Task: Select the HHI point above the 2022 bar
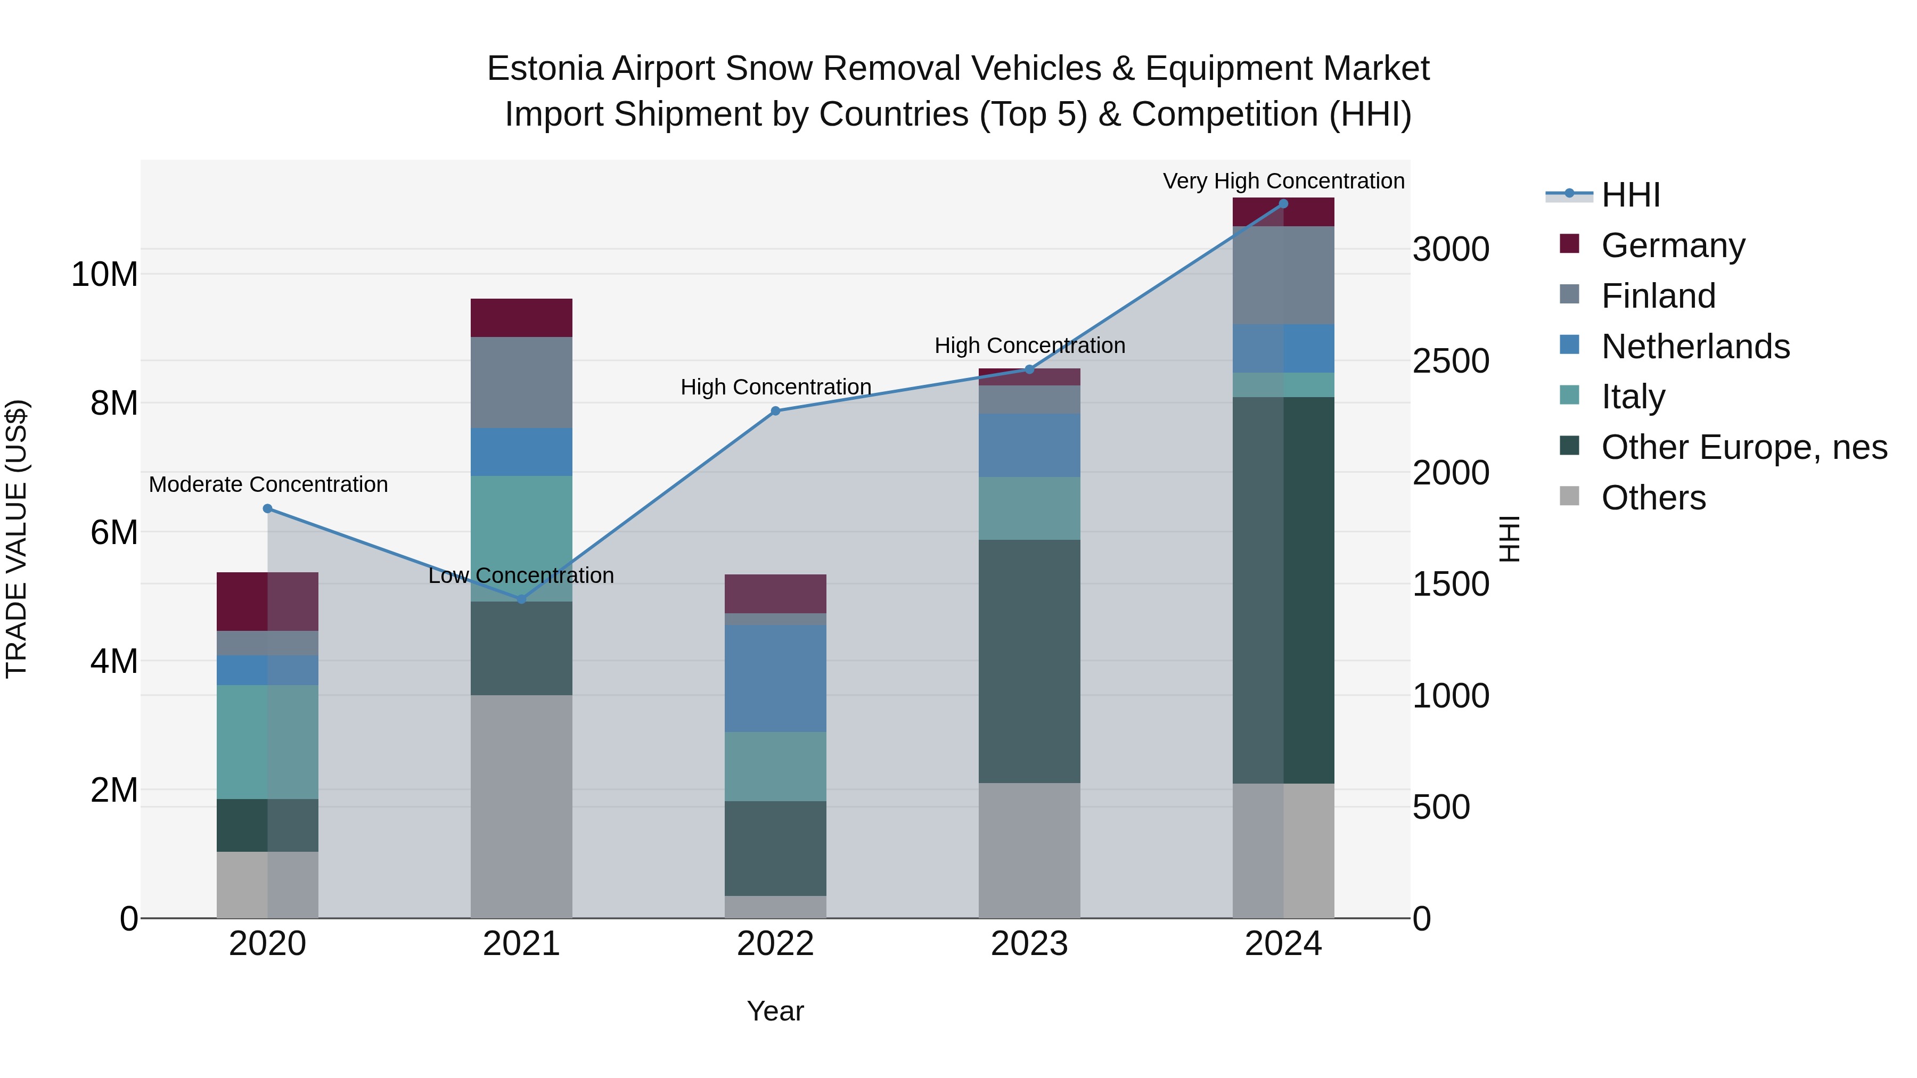pyautogui.click(x=775, y=410)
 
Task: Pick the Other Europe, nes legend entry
pyautogui.click(x=1743, y=448)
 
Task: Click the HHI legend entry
pyautogui.click(x=1630, y=195)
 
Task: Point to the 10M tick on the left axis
pyautogui.click(x=104, y=275)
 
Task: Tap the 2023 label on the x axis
pyautogui.click(x=1029, y=944)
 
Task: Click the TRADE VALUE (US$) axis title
pyautogui.click(x=17, y=539)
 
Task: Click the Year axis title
pyautogui.click(x=775, y=1011)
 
